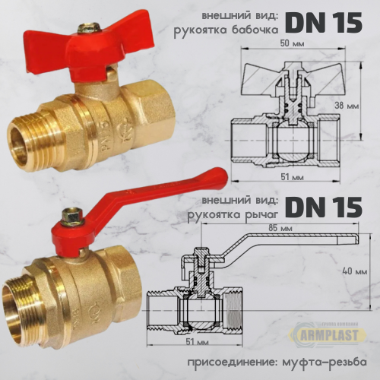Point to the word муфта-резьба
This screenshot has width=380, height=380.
321,359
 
